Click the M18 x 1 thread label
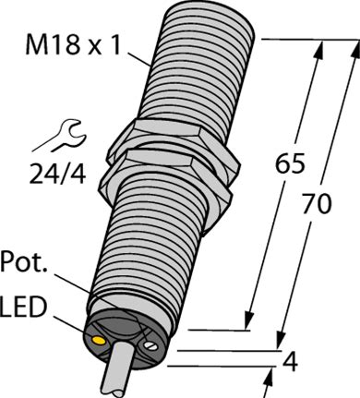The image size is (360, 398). click(x=73, y=45)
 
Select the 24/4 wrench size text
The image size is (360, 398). click(x=57, y=174)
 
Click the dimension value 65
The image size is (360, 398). click(x=290, y=163)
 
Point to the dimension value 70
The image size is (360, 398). click(x=317, y=204)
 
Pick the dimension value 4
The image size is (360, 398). click(x=290, y=362)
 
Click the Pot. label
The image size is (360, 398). click(x=24, y=262)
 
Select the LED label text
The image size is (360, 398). click(x=23, y=307)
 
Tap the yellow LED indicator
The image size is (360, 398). click(x=98, y=340)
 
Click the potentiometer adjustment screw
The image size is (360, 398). click(x=150, y=345)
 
